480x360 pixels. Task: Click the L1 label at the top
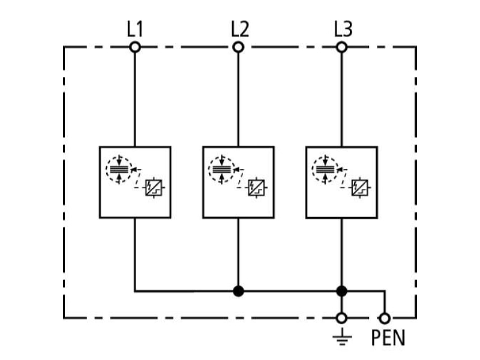[135, 29]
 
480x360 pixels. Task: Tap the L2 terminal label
[239, 29]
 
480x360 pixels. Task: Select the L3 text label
[343, 29]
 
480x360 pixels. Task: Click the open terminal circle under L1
[135, 47]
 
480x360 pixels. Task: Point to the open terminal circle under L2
[238, 47]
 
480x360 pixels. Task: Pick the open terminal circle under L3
[341, 47]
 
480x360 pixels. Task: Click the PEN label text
[388, 338]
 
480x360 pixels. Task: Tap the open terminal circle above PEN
[385, 319]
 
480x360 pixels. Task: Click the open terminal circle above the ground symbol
[341, 319]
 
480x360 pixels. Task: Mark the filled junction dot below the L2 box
[238, 291]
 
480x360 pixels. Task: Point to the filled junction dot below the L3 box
[341, 291]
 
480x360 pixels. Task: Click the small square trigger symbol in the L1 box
[154, 187]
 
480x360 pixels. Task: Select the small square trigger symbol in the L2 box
[256, 187]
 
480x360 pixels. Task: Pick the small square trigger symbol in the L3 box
[359, 187]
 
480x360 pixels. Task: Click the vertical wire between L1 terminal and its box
[135, 100]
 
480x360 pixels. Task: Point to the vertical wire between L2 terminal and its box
[238, 100]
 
